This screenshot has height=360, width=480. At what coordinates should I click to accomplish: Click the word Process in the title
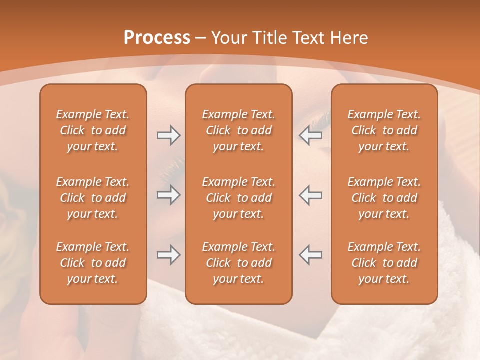(x=157, y=38)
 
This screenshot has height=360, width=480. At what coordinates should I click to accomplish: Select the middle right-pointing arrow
(x=168, y=195)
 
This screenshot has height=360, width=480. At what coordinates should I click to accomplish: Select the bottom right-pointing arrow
(x=168, y=255)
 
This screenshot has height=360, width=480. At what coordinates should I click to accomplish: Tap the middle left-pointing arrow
(x=311, y=195)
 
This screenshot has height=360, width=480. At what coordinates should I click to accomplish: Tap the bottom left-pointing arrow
(x=311, y=255)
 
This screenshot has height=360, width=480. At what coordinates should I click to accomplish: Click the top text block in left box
(x=93, y=130)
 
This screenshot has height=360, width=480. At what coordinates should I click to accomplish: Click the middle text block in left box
(x=93, y=198)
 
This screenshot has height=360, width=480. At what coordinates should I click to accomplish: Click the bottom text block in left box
(x=93, y=263)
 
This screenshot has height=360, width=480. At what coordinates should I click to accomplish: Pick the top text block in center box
(x=238, y=130)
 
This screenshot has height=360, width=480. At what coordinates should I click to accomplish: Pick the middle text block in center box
(x=238, y=198)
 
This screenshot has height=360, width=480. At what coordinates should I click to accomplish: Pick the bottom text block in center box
(x=238, y=263)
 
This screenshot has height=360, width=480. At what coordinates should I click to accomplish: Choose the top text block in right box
(x=384, y=130)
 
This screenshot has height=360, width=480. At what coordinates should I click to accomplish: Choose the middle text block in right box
(x=384, y=198)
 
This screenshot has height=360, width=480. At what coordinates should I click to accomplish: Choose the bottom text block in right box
(x=384, y=263)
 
